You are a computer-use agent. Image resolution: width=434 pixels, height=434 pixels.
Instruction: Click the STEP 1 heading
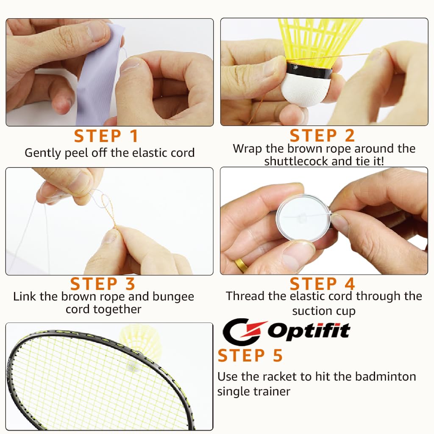(x=106, y=136)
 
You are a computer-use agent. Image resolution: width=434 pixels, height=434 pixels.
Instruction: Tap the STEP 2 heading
(x=322, y=136)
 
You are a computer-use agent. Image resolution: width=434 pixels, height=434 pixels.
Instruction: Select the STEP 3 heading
(x=103, y=284)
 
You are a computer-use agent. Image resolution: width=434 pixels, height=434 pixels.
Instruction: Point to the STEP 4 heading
(x=322, y=284)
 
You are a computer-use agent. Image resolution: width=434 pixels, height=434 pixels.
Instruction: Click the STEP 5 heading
(x=250, y=356)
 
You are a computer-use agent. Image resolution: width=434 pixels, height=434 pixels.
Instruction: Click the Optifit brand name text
(x=309, y=331)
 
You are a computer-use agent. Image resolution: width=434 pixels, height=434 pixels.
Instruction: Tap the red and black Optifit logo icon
(x=243, y=332)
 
